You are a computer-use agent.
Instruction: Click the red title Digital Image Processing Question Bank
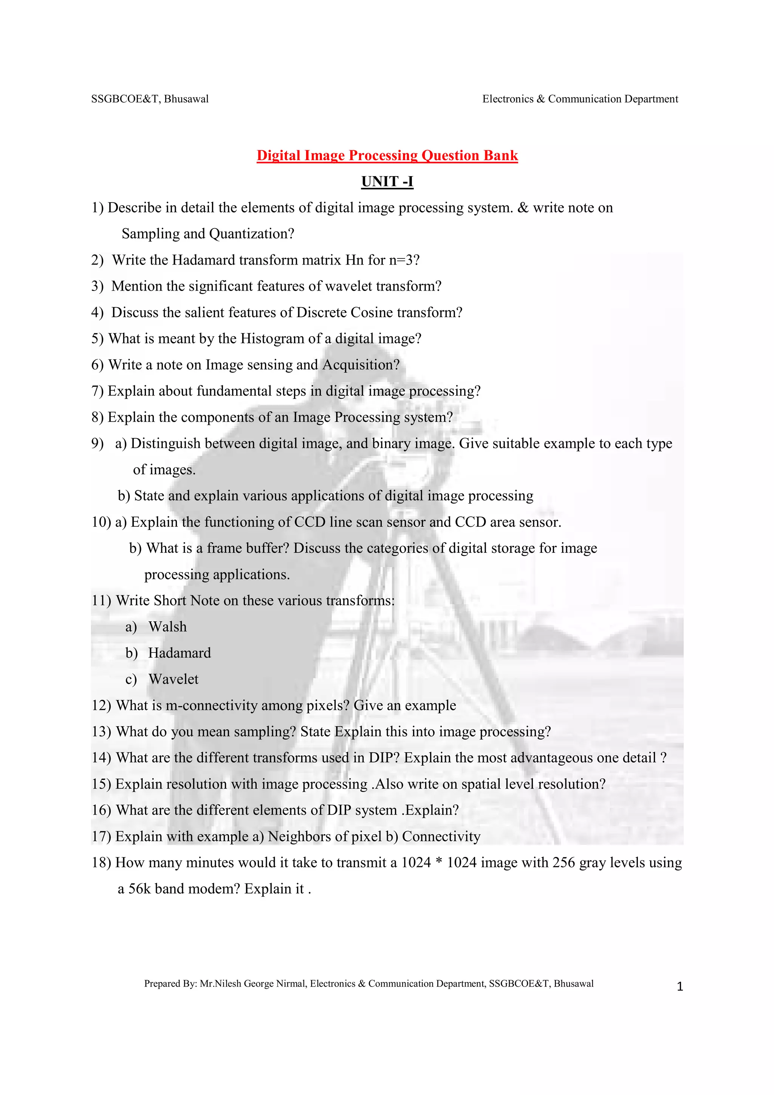click(387, 155)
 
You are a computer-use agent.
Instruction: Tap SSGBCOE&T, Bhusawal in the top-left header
click(150, 99)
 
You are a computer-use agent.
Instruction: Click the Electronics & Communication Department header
click(580, 99)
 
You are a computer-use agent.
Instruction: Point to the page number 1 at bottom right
click(680, 987)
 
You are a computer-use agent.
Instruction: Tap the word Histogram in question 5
click(272, 339)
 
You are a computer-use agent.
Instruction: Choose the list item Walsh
click(167, 627)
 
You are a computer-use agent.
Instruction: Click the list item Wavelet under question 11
click(173, 679)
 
